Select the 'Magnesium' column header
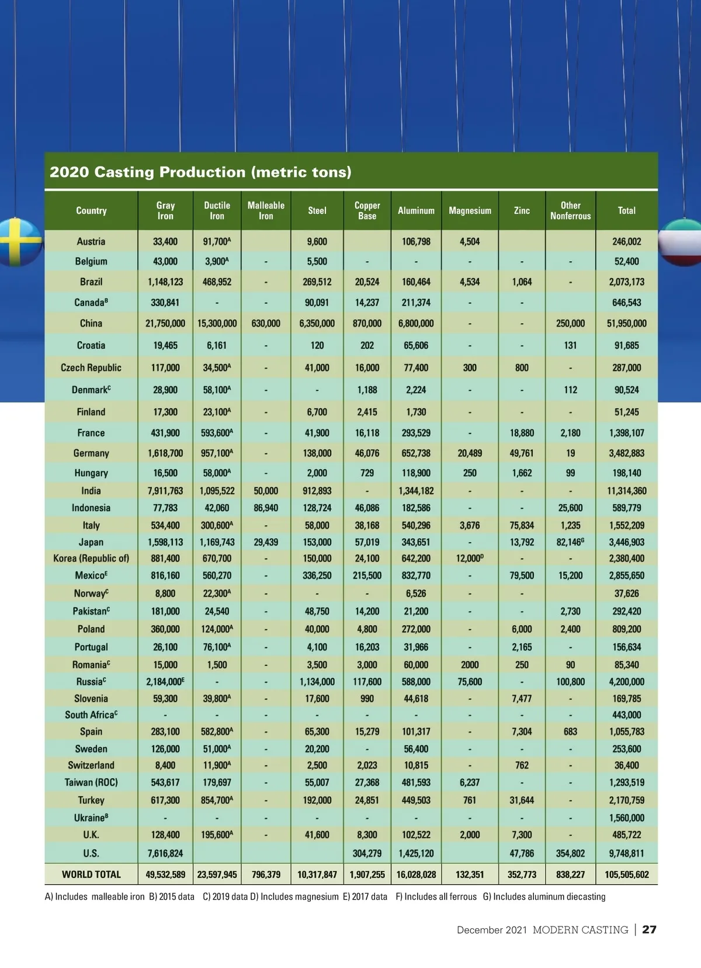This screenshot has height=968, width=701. (470, 211)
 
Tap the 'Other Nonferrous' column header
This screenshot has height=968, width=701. (570, 211)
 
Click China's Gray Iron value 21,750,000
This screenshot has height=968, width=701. (165, 324)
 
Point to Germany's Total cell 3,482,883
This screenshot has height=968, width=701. (626, 453)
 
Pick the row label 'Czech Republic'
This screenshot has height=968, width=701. (91, 368)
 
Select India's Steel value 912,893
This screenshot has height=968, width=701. (317, 491)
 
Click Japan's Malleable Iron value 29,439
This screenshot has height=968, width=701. (266, 543)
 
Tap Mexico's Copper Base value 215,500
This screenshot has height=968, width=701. (367, 576)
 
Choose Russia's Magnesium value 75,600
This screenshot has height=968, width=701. (470, 682)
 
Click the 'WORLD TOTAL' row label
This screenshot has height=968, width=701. (91, 875)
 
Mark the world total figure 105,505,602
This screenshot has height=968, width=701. (626, 875)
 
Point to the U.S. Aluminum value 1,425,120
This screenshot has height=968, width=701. (416, 853)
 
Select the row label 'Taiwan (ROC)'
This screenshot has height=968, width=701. (91, 783)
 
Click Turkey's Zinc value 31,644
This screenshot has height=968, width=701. (522, 800)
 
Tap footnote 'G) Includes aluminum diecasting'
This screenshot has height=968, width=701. (544, 897)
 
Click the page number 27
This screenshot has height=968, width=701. (649, 930)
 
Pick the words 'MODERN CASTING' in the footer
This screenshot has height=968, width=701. (580, 930)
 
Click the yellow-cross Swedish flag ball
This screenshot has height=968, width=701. (19, 242)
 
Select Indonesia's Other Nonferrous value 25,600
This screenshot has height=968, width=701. (570, 508)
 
